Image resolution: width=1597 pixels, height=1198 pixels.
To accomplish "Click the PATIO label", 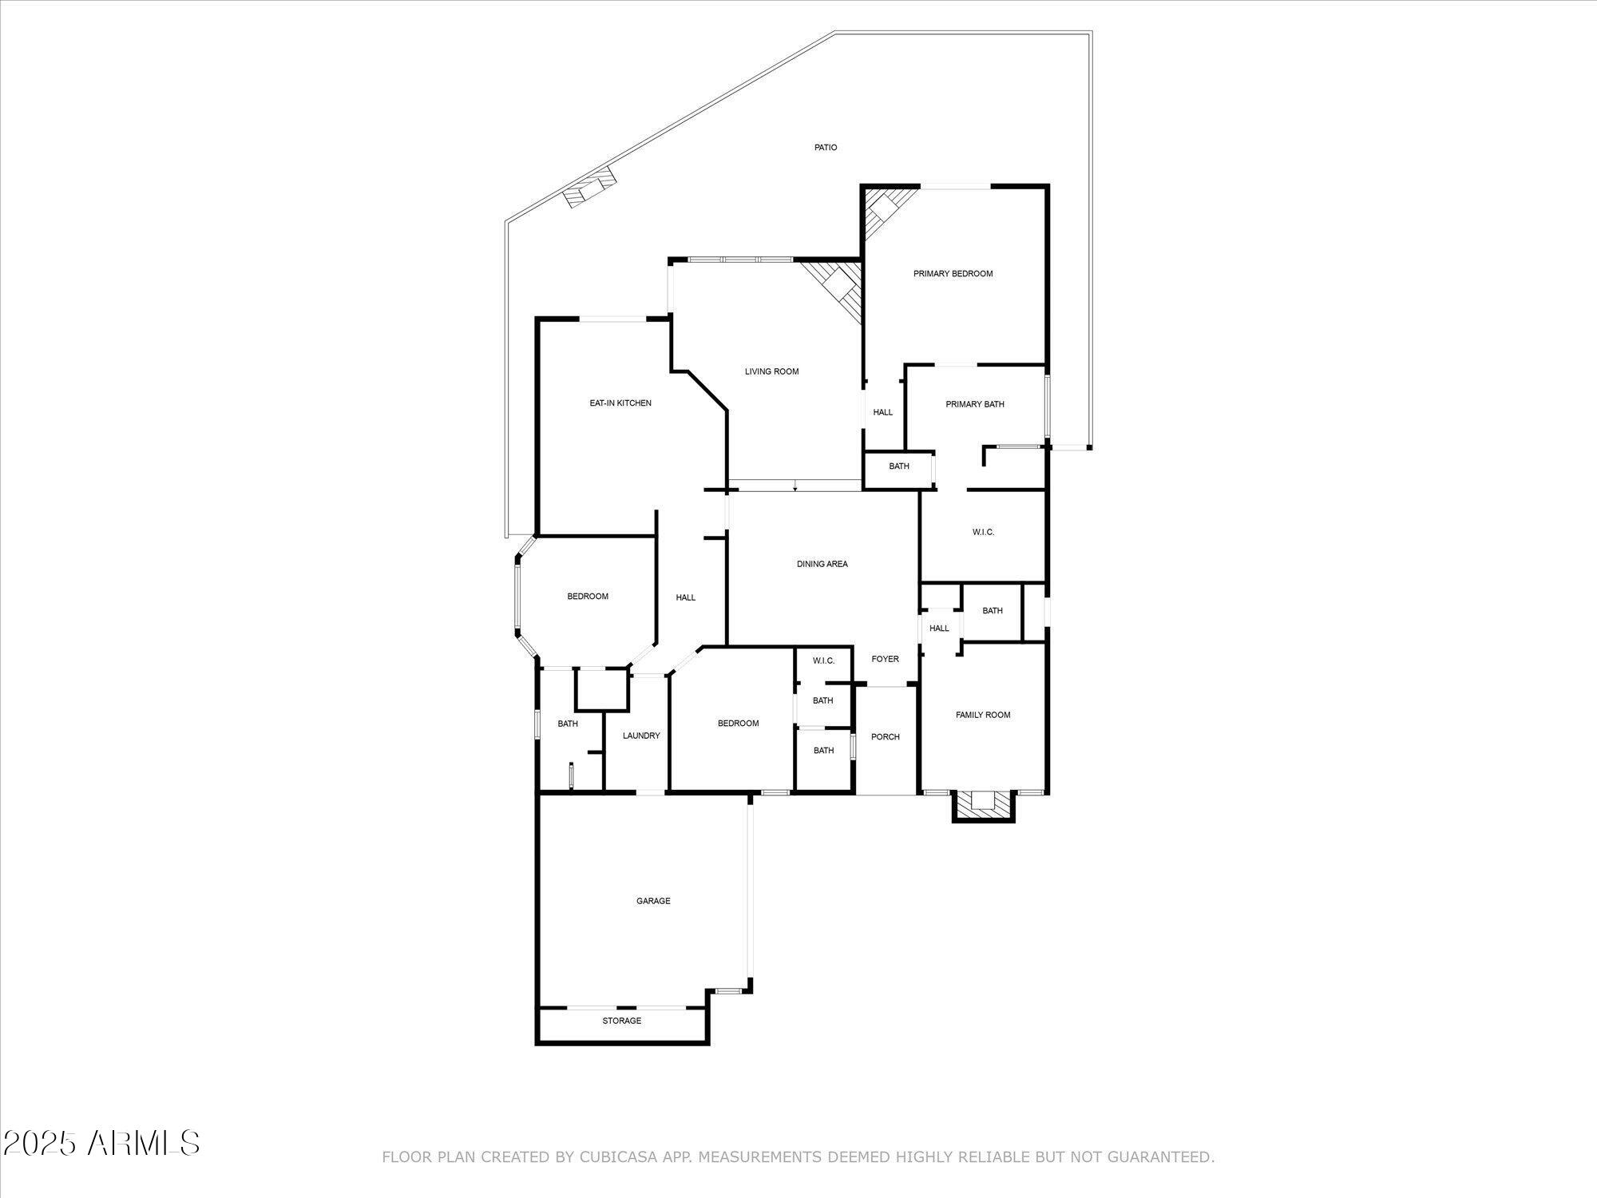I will point(826,148).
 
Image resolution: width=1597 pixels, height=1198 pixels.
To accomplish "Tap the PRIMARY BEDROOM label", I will point(953,274).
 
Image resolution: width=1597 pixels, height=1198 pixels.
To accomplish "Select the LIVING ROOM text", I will point(771,371).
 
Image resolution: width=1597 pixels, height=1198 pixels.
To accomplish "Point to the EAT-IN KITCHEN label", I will point(620,403).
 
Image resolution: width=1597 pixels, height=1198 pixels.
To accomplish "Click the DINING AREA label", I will point(822,564).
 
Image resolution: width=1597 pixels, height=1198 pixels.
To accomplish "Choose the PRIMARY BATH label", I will point(974,404).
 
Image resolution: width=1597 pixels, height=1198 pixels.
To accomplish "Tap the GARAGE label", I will point(653,901).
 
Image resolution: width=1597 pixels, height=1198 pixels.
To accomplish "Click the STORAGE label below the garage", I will point(621,1021).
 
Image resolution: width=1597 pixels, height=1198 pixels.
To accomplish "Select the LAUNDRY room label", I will point(641,736).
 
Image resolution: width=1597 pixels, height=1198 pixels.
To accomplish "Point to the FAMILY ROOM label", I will point(983,715).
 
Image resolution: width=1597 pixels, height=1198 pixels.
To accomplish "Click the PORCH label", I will point(885,737).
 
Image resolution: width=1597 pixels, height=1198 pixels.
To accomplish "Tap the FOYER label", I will point(885,659).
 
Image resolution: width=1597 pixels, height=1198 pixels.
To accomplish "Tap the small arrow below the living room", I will point(795,487).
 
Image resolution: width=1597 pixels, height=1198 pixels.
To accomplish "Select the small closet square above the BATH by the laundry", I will point(601,688).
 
